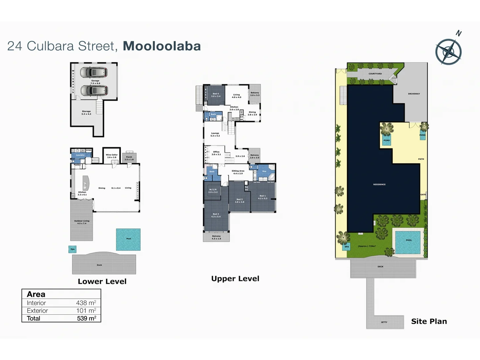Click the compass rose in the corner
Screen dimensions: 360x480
tap(449, 52)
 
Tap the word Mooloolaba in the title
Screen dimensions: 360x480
tap(162, 46)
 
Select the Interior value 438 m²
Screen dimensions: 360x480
tap(86, 303)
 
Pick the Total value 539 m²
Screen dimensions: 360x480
tap(86, 318)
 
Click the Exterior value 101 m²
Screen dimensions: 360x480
tap(86, 311)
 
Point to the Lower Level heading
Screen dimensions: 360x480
tap(102, 281)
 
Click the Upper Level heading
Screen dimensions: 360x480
tap(235, 279)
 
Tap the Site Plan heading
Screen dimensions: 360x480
tap(429, 321)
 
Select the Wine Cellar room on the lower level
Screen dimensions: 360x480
tap(112, 156)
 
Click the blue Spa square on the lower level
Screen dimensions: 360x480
tap(72, 249)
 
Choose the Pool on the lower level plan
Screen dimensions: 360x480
tap(128, 239)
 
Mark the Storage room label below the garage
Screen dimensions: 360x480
tap(86, 113)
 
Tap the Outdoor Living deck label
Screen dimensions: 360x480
tap(82, 222)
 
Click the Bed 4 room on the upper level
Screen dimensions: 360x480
tap(216, 95)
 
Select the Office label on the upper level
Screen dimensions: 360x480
tap(216, 153)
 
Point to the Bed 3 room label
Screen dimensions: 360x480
tap(216, 215)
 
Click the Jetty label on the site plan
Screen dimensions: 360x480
tap(384, 322)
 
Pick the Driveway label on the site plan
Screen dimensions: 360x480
tap(414, 94)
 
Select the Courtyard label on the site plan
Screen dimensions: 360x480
tap(375, 74)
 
